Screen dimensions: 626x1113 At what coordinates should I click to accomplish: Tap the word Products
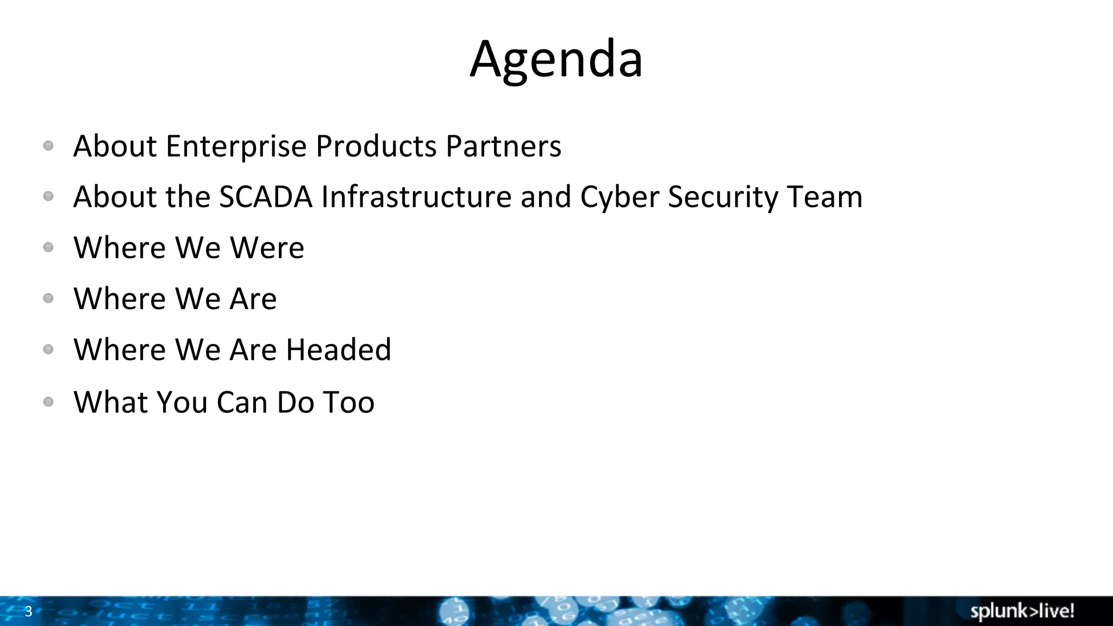(376, 146)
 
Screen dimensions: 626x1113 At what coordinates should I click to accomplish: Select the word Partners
(503, 146)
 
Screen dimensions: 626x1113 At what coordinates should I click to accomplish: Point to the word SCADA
(266, 197)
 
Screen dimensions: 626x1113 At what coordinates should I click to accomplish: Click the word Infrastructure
(416, 197)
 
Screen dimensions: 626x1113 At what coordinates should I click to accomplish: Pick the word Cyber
(620, 197)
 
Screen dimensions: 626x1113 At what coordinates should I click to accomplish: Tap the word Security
(723, 197)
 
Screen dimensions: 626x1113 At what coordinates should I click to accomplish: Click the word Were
(267, 248)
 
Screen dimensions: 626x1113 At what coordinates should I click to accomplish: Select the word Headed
(339, 349)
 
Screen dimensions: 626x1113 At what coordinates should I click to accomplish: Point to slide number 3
(29, 611)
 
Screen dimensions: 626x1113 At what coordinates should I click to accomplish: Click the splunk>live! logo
(1022, 611)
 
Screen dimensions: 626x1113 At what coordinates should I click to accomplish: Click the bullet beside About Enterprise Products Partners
(48, 146)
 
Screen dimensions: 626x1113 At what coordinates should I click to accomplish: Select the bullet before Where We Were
(48, 247)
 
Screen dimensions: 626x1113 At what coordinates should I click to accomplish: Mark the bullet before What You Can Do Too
(48, 402)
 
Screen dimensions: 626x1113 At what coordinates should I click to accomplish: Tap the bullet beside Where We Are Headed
(48, 349)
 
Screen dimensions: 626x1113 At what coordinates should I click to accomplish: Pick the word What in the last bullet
(111, 402)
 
